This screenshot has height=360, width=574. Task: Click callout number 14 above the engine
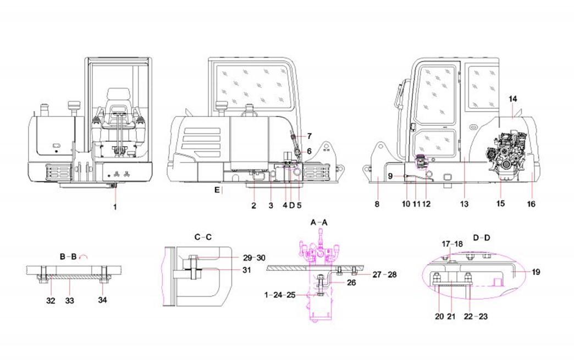coord(513,99)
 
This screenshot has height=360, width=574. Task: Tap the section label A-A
coord(319,222)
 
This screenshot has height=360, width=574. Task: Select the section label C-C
coord(203,237)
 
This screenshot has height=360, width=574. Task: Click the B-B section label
coord(68,256)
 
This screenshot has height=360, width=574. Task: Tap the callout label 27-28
coord(385,274)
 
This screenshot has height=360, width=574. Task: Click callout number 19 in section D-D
coord(536,271)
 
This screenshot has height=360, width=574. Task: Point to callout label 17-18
coord(452,243)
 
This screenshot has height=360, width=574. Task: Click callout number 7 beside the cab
coord(309,135)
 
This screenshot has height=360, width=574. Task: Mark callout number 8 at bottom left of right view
coord(377,204)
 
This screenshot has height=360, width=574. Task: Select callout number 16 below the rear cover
coord(532,204)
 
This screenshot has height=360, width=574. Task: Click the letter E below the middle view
coord(217,190)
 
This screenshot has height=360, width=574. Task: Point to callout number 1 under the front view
coord(115,207)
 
